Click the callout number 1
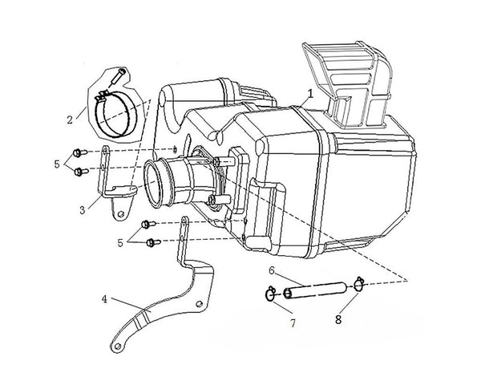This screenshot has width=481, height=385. coord(309,94)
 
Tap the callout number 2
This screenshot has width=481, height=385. coord(70,119)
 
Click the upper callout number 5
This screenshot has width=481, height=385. coord(55,164)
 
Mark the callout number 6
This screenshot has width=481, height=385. coord(273,270)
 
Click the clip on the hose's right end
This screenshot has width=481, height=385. coord(357,282)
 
